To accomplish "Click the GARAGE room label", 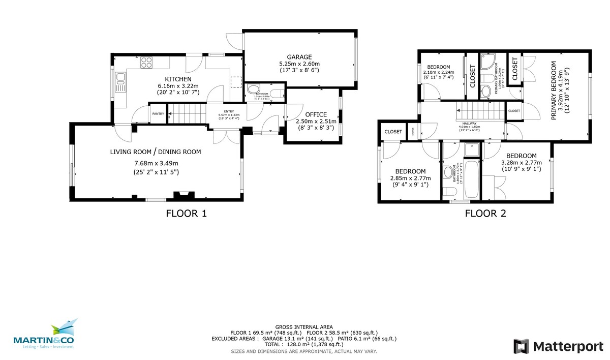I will coord(299,56).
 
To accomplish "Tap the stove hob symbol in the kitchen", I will coord(146,63).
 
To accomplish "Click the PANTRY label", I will coord(158,113).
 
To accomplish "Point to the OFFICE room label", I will coord(316,114).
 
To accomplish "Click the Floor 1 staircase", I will coord(186,113).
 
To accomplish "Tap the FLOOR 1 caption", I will coord(187,214).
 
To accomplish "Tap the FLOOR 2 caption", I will coord(485,214).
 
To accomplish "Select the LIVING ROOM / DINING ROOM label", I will coord(156,152).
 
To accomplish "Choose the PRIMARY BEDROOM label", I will coord(554,91).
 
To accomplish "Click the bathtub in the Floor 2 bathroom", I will coord(470,179).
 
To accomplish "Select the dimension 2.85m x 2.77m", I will coord(410,178).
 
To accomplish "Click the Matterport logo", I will coord(559,346).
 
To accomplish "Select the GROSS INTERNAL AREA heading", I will coord(304,327).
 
